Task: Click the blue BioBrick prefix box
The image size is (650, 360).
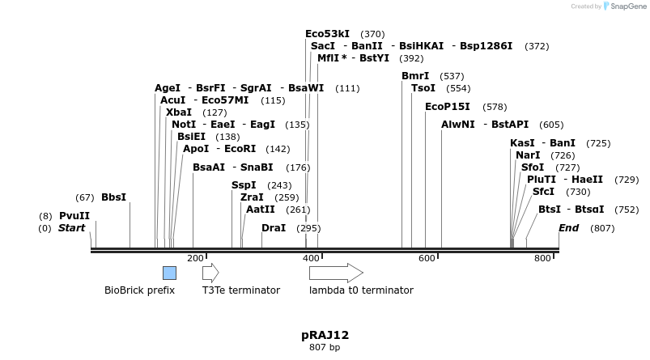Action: coord(169,273)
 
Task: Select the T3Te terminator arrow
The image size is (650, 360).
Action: coord(210,273)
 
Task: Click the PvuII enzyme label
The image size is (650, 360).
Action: coord(74,216)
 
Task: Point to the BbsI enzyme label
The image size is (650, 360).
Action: coord(113,197)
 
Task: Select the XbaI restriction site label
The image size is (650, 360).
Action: coord(179,112)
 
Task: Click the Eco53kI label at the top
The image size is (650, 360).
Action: coord(327,34)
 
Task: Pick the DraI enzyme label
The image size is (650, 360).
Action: coord(274,228)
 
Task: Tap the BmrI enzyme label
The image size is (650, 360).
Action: coord(415,76)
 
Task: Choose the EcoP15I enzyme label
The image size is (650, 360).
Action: coord(448,107)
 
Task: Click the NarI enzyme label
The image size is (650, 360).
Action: coord(528,155)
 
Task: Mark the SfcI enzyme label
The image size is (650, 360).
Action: coord(543,192)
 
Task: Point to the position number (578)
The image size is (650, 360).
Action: coord(495,107)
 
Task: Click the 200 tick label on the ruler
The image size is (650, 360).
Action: coord(195,258)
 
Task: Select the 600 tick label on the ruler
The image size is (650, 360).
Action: coord(427,258)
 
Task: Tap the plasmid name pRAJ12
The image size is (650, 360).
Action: coord(325,335)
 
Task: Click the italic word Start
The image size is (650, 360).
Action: coord(71,228)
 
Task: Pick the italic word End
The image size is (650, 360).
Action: coord(568,228)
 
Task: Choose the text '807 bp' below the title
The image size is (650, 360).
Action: coord(325,348)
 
